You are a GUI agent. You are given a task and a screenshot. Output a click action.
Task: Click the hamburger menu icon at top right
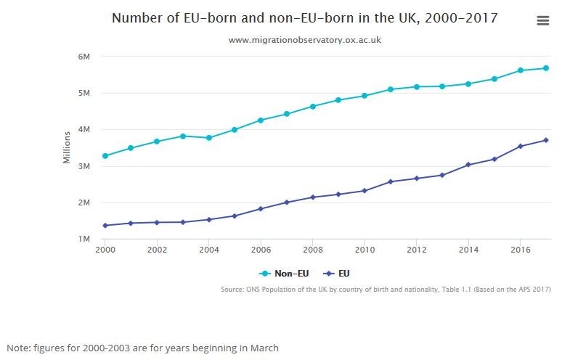(x=543, y=21)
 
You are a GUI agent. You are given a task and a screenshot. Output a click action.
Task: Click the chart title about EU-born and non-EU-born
(x=305, y=18)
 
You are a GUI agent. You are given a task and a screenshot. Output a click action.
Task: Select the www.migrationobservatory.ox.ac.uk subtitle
(x=305, y=41)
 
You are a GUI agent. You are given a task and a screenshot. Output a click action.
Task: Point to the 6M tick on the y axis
(x=84, y=57)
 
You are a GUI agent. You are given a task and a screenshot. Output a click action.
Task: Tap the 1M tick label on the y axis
(x=84, y=240)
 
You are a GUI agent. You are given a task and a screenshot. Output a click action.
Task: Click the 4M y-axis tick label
(x=84, y=130)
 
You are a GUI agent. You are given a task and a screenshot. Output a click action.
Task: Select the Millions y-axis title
(x=67, y=147)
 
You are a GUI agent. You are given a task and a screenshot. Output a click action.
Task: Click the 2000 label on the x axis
(x=105, y=250)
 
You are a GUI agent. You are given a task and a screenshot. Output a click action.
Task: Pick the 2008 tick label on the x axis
(x=313, y=250)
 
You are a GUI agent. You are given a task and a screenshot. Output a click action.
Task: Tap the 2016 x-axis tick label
(x=520, y=250)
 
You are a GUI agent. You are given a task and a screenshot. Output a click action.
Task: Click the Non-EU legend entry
(x=285, y=274)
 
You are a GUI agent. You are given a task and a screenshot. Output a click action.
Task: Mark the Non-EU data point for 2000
(x=105, y=156)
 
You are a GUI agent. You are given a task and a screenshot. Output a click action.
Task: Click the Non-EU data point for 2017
(x=546, y=68)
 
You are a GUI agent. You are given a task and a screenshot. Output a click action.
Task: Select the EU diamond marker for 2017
(x=546, y=140)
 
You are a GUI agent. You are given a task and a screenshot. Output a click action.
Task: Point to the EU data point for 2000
(x=105, y=226)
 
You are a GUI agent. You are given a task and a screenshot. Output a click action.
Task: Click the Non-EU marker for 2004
(x=209, y=138)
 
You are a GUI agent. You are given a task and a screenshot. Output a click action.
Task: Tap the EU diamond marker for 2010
(x=365, y=191)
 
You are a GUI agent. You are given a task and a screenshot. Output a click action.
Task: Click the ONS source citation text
(x=386, y=290)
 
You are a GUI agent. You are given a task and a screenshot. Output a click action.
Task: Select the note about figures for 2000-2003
(x=143, y=348)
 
